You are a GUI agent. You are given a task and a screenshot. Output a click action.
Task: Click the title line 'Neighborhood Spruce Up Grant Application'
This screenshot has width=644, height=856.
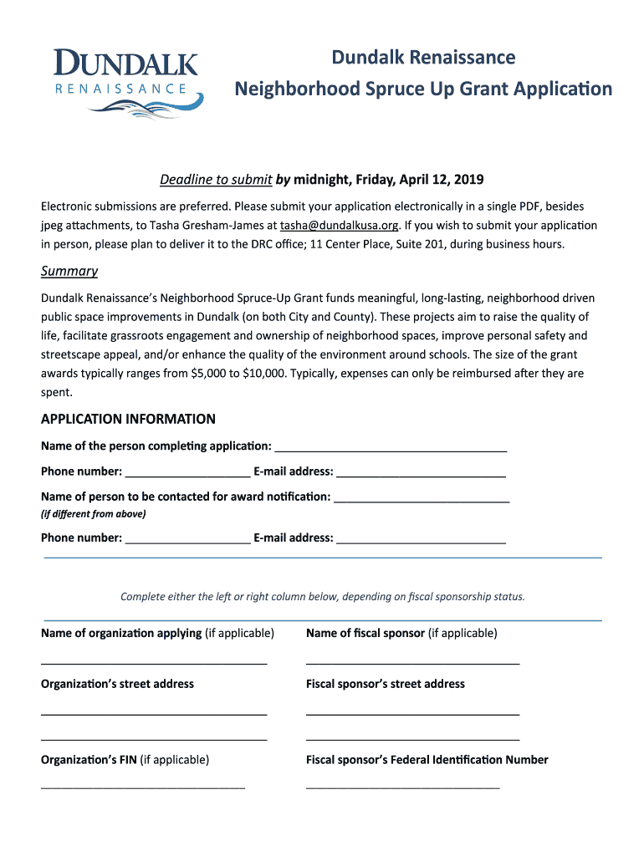[x=422, y=89]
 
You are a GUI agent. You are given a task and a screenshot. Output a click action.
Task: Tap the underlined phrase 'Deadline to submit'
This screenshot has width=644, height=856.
[x=216, y=180]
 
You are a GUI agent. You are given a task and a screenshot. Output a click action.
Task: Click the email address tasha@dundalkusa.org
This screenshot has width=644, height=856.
[x=340, y=226]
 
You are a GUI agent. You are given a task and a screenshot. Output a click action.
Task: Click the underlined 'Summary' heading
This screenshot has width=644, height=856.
[x=69, y=271]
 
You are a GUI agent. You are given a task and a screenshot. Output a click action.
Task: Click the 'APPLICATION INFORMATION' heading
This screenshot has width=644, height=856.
[x=128, y=419]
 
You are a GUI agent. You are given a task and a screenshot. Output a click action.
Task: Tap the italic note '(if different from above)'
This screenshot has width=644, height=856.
[x=93, y=514]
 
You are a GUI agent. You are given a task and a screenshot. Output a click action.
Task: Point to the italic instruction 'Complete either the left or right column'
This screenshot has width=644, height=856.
[x=323, y=597]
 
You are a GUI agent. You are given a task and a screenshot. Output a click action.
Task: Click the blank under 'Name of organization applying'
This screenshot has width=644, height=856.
[x=154, y=661]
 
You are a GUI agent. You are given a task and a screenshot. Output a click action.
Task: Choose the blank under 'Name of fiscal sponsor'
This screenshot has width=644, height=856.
[x=412, y=661]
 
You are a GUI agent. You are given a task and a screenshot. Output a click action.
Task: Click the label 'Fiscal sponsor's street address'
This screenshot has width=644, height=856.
[x=386, y=684]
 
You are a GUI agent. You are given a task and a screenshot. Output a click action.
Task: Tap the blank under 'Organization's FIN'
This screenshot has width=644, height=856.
[x=143, y=786]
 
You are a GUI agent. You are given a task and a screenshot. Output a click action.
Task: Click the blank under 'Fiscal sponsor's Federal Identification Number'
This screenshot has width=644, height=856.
[x=402, y=786]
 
